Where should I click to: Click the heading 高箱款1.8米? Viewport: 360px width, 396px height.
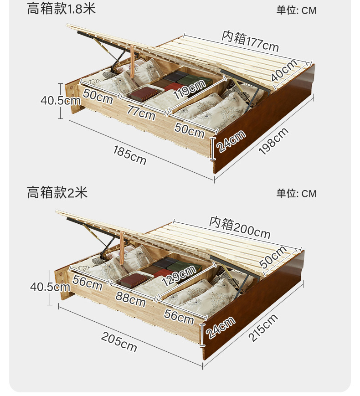(x=61, y=9)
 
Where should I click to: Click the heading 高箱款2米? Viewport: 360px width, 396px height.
(x=57, y=192)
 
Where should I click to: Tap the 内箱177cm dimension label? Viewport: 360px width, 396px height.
(x=250, y=40)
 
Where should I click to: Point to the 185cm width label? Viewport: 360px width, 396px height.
(x=130, y=155)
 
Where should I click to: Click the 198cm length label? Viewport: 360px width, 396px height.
(x=273, y=141)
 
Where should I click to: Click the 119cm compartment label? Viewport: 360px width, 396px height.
(x=189, y=89)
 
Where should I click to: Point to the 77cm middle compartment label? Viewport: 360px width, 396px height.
(x=141, y=112)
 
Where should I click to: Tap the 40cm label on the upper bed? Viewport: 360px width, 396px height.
(x=284, y=71)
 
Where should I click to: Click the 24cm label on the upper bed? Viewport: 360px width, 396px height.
(x=231, y=141)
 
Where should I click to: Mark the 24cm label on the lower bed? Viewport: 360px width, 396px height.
(x=221, y=327)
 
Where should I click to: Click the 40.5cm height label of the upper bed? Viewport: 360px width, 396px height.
(x=61, y=100)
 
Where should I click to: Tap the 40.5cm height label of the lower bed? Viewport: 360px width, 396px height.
(x=50, y=287)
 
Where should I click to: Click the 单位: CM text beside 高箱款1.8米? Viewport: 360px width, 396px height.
(x=296, y=10)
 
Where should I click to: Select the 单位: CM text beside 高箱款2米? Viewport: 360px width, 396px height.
(x=296, y=194)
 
